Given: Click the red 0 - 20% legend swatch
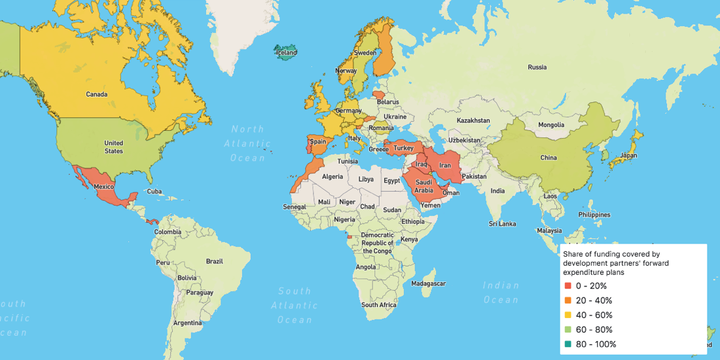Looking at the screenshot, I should point(568,286).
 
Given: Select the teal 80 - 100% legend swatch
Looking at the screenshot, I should point(568,344).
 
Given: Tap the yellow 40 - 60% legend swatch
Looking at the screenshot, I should point(568,315).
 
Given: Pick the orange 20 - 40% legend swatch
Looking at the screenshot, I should point(568,300).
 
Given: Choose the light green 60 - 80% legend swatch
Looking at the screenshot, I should point(568,329).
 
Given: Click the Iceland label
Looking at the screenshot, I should point(286,53).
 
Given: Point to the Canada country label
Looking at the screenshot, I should point(96,94).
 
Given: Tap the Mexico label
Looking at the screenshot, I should point(104,187).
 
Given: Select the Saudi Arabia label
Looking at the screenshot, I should point(424,187).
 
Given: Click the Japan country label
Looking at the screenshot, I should point(628,156).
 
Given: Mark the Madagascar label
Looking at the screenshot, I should point(429,283).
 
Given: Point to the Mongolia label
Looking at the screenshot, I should point(550,125).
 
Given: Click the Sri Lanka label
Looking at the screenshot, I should point(502,224).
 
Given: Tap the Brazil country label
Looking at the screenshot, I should point(214,261).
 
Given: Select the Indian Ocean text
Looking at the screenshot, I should point(501,293).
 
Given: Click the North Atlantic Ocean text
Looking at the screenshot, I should point(247,143).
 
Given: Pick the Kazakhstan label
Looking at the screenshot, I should point(473,120).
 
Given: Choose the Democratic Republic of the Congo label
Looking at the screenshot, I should point(377,243).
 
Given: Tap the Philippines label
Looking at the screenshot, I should point(594,215).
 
